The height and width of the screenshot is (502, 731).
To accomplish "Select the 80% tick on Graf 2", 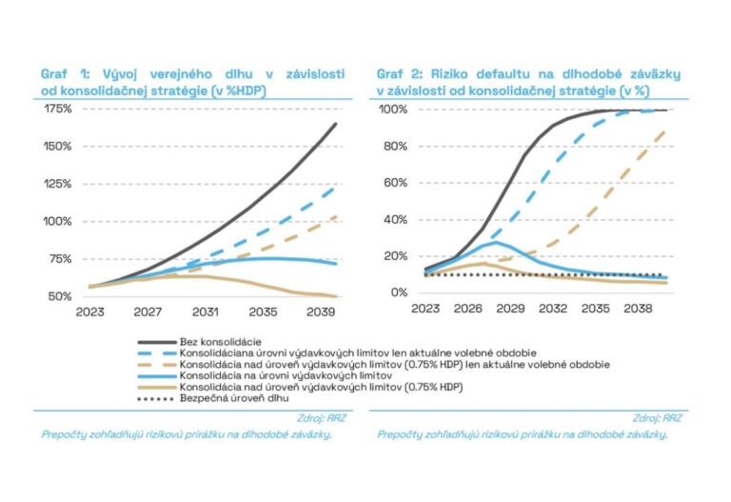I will click(x=394, y=146).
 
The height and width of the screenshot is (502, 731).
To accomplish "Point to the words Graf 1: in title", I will click(x=66, y=73).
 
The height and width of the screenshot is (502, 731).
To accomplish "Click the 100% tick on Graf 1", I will click(x=58, y=221).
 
